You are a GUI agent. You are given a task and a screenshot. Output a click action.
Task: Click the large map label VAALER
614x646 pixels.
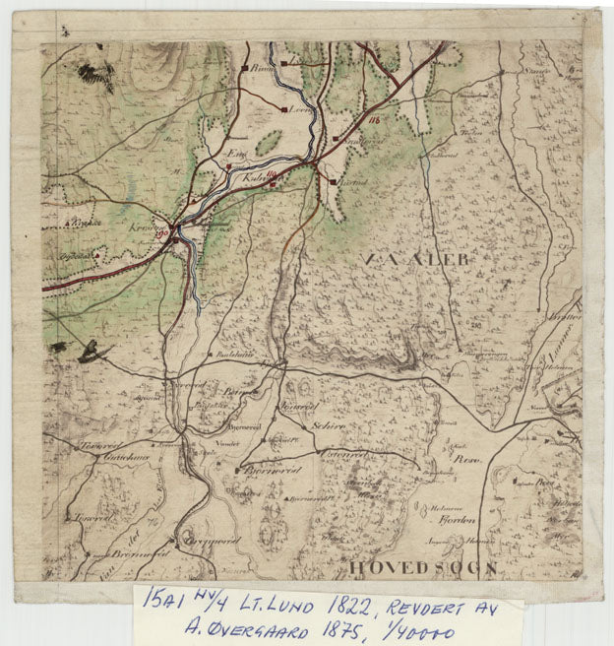417,259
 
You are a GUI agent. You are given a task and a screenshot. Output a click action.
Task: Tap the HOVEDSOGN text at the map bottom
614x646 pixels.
420,569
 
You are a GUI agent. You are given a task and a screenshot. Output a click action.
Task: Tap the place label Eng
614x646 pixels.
235,155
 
